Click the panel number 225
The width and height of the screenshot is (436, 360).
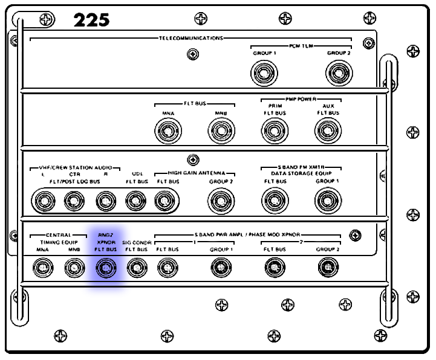pos(91,20)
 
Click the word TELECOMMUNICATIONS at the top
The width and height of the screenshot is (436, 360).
pos(191,38)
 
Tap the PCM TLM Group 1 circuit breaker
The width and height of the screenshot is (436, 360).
pos(264,74)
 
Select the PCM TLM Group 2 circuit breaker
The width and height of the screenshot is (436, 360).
pos(339,74)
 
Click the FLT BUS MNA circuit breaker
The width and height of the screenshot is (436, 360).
pos(168,130)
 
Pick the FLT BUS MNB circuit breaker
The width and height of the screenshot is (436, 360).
pos(221,130)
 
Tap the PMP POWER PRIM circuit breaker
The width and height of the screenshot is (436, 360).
pos(274,130)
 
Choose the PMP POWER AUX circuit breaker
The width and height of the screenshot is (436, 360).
pos(328,130)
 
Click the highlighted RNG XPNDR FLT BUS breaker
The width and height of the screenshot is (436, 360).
pos(106,267)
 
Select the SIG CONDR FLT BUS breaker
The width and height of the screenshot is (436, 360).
pos(136,267)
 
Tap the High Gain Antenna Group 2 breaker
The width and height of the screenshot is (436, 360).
pos(221,199)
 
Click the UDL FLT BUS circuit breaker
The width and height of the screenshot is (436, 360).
pos(136,200)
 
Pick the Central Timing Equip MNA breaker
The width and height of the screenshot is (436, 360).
pos(42,266)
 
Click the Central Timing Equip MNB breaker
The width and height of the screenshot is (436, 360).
pos(74,266)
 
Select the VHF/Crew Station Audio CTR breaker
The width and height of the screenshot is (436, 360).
pos(74,200)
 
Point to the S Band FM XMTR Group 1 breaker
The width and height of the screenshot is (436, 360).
pos(328,199)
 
